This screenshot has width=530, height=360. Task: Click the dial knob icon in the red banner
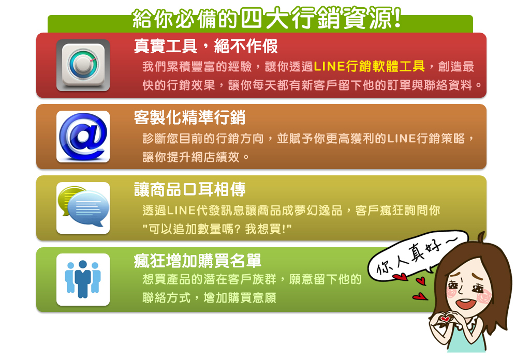[83, 65]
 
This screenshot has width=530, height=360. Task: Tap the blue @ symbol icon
[83, 137]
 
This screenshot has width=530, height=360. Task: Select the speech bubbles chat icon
[83, 208]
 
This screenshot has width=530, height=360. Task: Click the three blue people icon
[83, 279]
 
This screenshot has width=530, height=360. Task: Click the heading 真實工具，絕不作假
[205, 46]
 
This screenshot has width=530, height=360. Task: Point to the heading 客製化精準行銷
[189, 117]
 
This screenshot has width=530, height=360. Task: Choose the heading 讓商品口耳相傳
[189, 189]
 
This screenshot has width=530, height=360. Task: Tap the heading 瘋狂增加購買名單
[197, 260]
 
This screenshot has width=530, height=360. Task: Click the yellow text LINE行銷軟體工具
[369, 66]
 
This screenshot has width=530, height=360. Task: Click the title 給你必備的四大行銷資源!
[267, 18]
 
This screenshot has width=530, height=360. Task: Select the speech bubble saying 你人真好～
[418, 254]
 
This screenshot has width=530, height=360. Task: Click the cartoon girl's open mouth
[465, 304]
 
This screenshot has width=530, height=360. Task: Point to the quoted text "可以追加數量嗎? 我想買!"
[217, 229]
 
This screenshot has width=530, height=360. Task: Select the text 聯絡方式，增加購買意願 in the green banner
[209, 298]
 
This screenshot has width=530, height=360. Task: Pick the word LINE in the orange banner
[401, 139]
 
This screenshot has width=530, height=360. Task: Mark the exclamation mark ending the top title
[397, 18]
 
